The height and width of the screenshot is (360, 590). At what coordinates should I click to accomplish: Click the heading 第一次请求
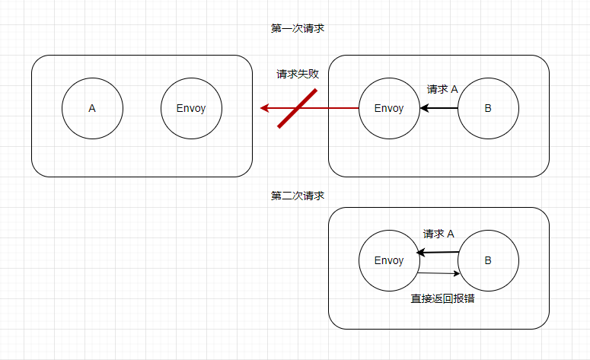click(x=298, y=28)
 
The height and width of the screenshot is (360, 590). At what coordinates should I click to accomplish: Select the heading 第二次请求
click(x=298, y=196)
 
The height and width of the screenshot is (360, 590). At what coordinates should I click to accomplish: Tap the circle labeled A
click(x=92, y=108)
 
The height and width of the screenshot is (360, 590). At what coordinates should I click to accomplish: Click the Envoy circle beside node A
click(x=191, y=108)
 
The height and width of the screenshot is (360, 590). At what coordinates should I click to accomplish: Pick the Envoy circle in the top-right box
click(x=388, y=108)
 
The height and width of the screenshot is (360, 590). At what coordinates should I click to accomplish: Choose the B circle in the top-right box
click(x=487, y=108)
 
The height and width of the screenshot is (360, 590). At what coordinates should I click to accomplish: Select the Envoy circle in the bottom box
click(x=388, y=260)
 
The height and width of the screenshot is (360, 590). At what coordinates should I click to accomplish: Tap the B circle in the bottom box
click(x=487, y=260)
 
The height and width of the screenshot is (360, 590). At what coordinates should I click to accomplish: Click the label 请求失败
click(x=298, y=75)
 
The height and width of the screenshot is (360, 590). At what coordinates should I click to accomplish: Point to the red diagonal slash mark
click(x=298, y=108)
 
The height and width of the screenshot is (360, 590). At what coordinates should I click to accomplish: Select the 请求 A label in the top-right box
click(x=442, y=89)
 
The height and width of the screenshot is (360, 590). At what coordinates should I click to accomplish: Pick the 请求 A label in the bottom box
click(x=439, y=234)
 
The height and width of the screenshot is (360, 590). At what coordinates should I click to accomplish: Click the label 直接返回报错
click(x=438, y=298)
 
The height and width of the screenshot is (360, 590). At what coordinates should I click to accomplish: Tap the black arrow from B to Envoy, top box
click(x=440, y=108)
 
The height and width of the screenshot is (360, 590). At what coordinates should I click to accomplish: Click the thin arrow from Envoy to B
click(x=438, y=273)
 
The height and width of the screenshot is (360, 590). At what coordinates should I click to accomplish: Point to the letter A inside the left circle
click(x=92, y=108)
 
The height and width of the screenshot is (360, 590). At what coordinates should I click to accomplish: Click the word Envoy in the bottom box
click(x=388, y=260)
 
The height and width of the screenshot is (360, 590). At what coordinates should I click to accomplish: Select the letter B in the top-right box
click(x=487, y=108)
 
